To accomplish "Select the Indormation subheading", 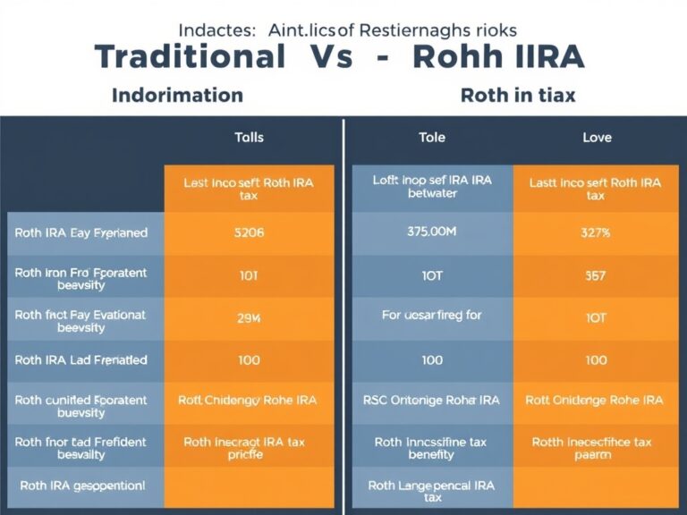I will [177, 95].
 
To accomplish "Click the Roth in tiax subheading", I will [518, 95].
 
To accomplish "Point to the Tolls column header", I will [249, 138].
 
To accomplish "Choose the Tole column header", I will [432, 138].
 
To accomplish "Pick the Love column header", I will [597, 138].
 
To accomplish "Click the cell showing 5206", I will [249, 232].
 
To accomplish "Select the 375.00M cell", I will [432, 232].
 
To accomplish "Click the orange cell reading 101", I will [249, 275].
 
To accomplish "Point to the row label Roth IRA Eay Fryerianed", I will [81, 232].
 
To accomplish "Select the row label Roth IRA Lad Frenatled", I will [81, 359].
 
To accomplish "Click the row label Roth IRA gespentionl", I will [81, 485].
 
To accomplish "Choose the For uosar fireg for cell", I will [432, 317].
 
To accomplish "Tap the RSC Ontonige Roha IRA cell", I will [432, 401].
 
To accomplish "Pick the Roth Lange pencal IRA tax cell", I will [432, 491].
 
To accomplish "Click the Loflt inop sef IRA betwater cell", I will [432, 187].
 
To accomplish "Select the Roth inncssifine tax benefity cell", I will [432, 448].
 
